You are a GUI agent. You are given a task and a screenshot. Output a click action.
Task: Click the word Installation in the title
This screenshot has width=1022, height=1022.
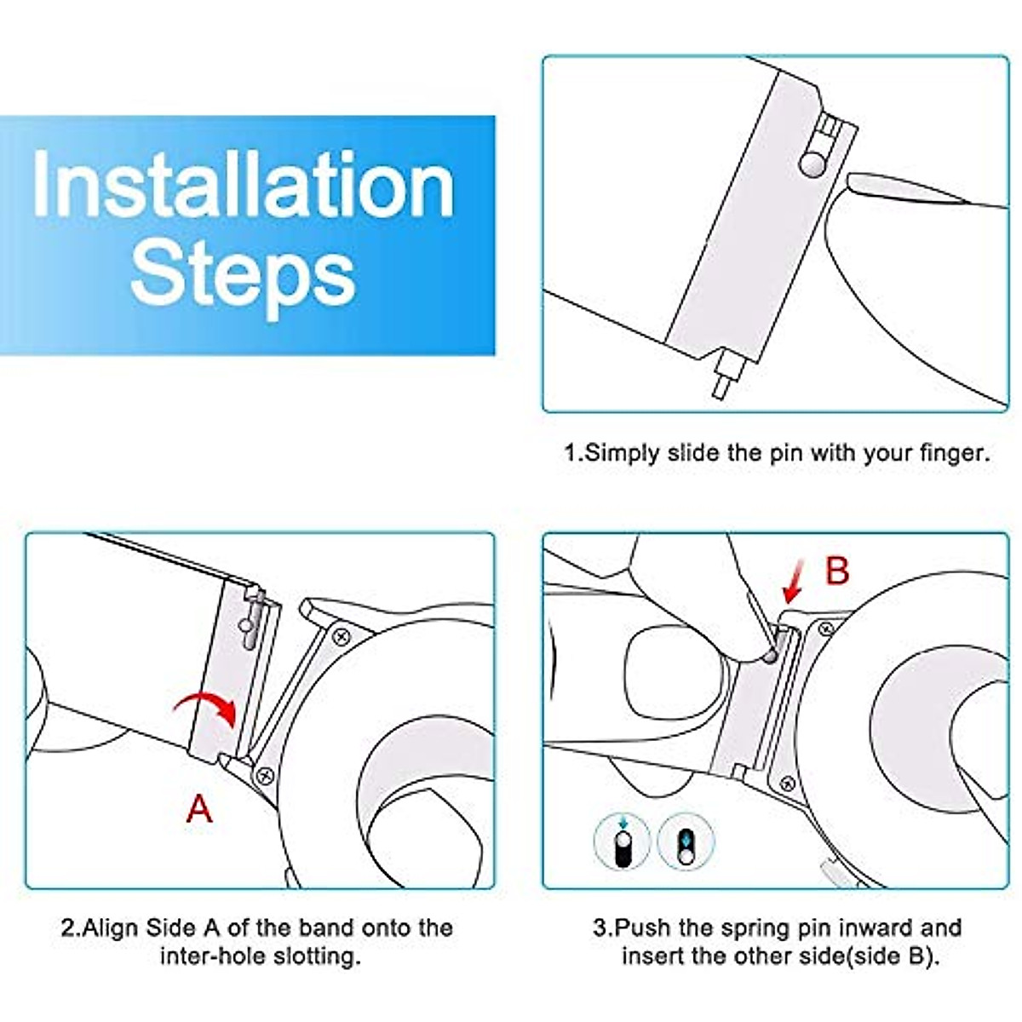point(244,185)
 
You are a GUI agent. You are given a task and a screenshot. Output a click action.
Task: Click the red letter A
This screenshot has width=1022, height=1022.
point(199,809)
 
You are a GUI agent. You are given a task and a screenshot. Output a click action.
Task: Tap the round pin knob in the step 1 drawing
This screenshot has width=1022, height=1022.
point(813,165)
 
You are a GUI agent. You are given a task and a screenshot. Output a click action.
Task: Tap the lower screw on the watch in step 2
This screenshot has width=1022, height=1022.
point(265,777)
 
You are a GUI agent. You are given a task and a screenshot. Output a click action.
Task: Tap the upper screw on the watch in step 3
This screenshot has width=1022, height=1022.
point(826,629)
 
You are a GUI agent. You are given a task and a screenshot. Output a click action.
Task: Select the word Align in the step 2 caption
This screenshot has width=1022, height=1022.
point(112,928)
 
